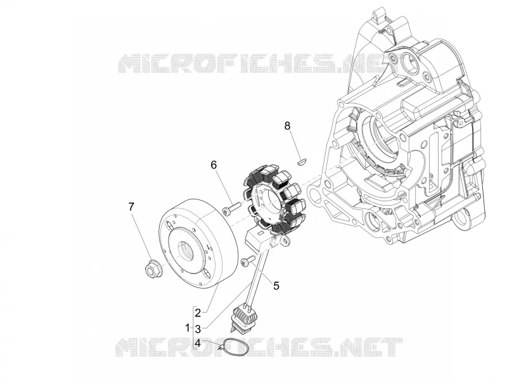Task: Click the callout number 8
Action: click(288, 125)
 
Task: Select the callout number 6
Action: click(214, 165)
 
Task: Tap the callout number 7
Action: click(131, 207)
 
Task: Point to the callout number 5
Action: click(276, 285)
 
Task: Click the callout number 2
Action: click(198, 312)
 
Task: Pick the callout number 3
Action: click(198, 329)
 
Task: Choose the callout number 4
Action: click(198, 343)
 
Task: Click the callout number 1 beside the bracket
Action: click(188, 328)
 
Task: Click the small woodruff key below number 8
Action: click(303, 160)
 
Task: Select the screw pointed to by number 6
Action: click(231, 208)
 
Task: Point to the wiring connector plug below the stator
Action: click(243, 318)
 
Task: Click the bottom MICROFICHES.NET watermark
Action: click(259, 347)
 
